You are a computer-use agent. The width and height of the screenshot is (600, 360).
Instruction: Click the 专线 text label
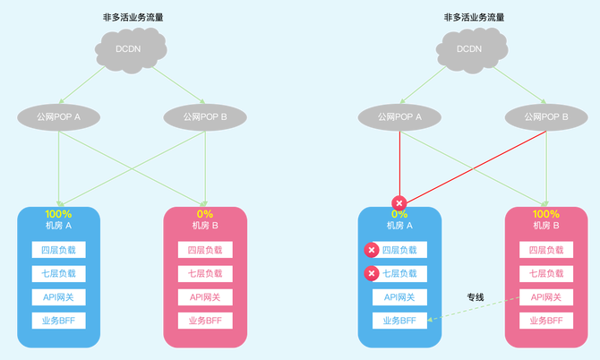click(476, 296)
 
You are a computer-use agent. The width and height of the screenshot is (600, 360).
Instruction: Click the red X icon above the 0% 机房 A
click(399, 203)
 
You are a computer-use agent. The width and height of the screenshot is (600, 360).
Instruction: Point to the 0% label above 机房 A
click(399, 215)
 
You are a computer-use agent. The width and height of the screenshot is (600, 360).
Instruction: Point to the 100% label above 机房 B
click(546, 215)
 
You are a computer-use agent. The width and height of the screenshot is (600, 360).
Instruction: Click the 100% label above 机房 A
click(58, 215)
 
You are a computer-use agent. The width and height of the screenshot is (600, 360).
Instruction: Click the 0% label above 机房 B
click(205, 215)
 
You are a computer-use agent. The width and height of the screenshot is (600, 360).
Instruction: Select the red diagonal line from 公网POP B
click(475, 167)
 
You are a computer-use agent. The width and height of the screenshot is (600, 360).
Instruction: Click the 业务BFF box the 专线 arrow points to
click(399, 321)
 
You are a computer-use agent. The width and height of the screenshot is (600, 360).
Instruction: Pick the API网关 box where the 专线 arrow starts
click(546, 297)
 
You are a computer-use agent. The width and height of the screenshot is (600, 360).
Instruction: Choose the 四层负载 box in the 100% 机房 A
click(58, 250)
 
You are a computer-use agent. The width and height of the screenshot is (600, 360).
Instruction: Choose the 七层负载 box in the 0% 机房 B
click(205, 273)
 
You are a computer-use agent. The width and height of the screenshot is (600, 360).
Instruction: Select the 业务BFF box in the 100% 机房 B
click(546, 321)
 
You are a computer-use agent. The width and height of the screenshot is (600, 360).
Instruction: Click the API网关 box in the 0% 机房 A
click(399, 297)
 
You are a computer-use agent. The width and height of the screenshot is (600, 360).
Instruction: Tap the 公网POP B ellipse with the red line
click(545, 116)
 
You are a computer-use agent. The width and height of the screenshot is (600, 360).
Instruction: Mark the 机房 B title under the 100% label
click(546, 226)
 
